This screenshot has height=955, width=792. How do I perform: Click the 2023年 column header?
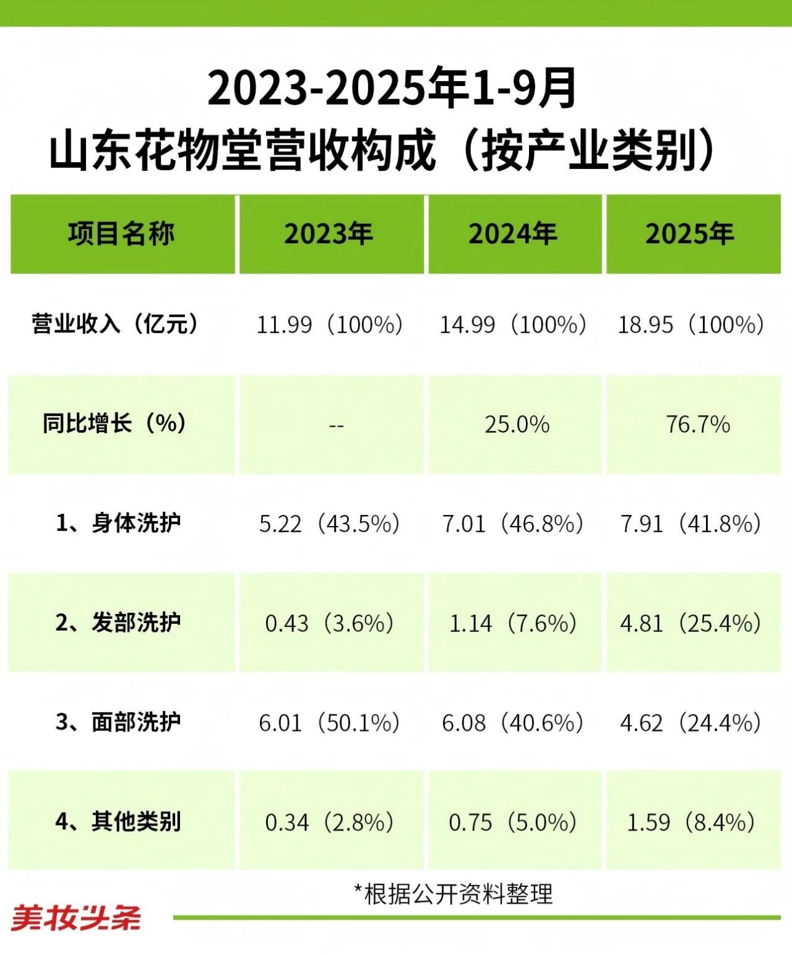329,234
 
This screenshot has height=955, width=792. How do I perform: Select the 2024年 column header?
512,234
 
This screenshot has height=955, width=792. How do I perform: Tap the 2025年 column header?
690,234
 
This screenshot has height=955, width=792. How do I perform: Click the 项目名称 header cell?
121,234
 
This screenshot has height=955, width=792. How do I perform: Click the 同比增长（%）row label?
116,424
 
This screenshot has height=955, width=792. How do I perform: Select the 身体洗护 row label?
118,524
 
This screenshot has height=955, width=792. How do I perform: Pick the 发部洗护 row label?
118,623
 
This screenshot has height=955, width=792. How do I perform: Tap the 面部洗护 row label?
118,722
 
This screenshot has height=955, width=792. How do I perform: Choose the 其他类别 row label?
118,822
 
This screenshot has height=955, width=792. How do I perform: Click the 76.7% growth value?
698,425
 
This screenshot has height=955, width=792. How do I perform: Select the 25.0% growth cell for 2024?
517,425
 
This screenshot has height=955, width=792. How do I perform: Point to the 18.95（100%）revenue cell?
691,324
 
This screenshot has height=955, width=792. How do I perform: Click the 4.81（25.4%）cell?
691,623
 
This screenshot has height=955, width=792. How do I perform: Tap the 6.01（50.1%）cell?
329,723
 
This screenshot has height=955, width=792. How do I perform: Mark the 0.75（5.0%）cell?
513,823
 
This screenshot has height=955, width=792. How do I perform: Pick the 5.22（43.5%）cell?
329,524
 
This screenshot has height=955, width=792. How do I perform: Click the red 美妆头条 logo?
76,918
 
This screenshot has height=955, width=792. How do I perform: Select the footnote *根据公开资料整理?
453,894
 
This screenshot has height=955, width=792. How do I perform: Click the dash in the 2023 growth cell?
336,426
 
